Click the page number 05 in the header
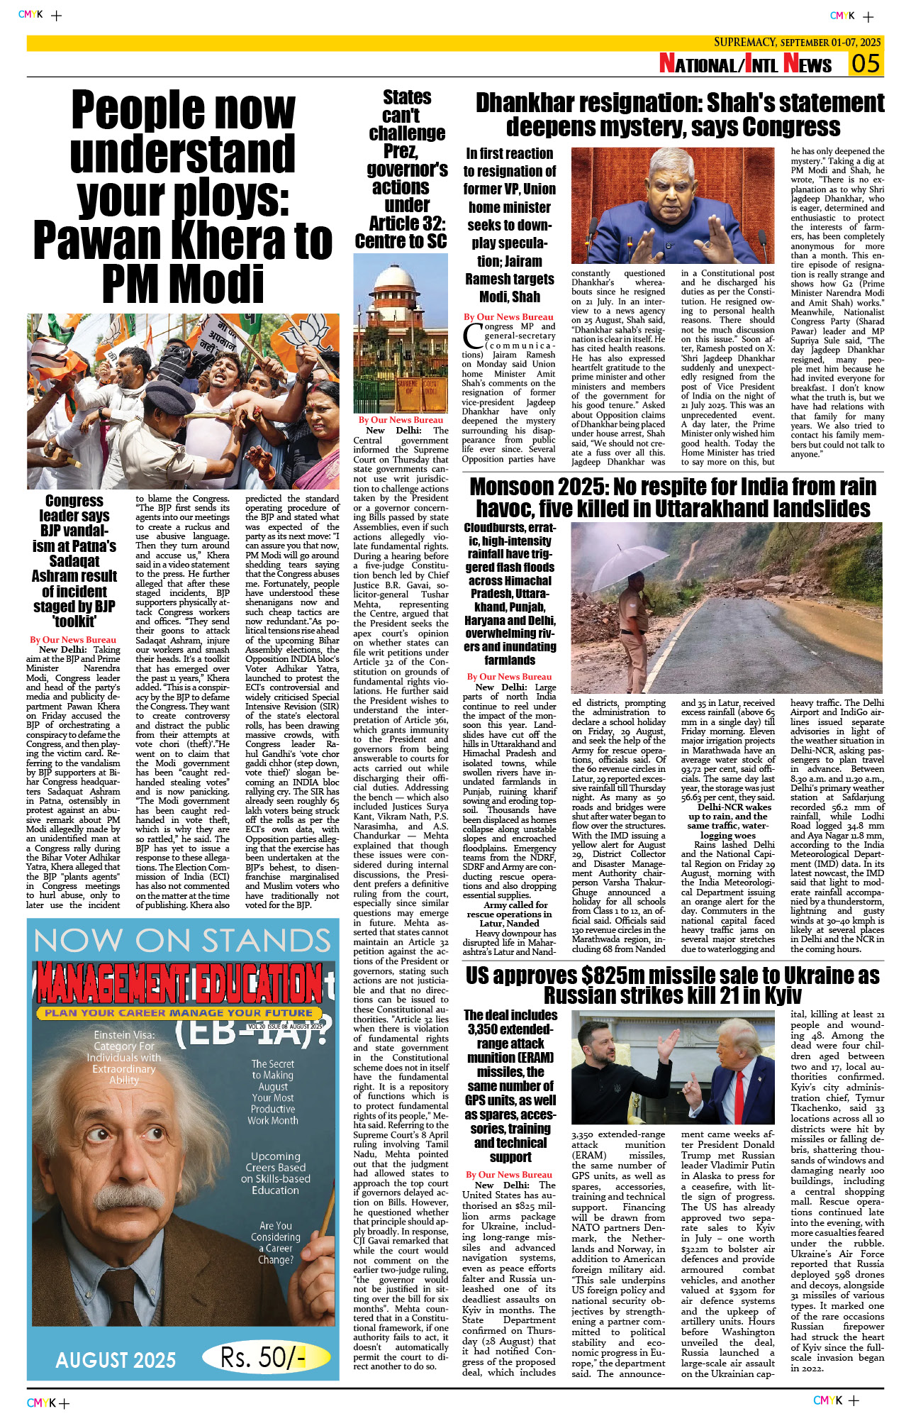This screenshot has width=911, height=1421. coord(866,64)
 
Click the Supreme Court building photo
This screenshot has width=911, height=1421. coord(401,333)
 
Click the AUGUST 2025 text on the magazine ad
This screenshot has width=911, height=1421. coord(116,1360)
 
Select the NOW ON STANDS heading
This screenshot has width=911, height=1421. coord(182,941)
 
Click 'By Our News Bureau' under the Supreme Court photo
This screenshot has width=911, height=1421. coord(401,420)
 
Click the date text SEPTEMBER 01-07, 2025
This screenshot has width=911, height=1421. coord(830,43)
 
